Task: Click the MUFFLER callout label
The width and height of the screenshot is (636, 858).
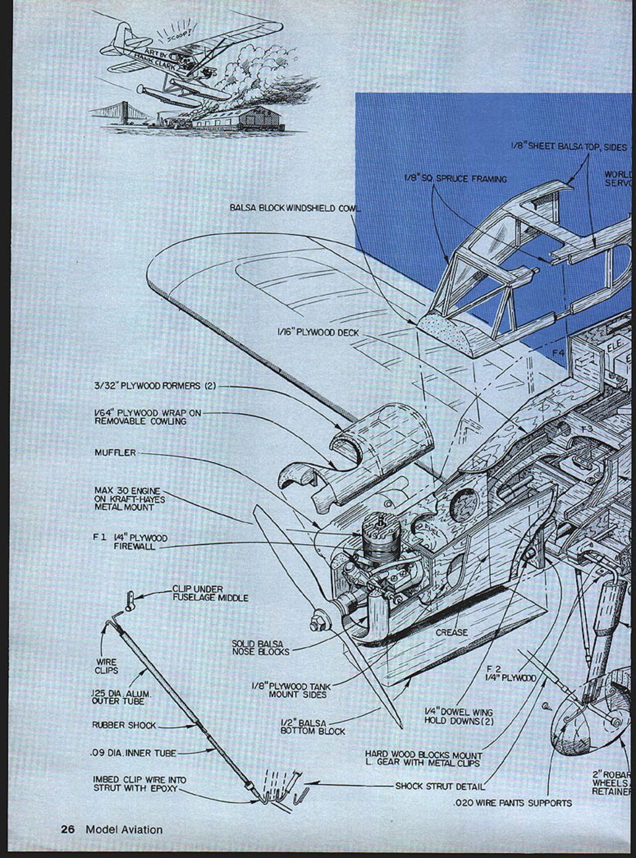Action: point(115,453)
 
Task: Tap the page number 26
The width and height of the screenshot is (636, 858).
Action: point(68,829)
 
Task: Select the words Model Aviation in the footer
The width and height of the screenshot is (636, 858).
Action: point(124,829)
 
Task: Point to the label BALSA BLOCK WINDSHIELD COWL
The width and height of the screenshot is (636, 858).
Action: point(294,208)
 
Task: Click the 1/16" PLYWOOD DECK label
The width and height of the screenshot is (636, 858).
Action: point(318,333)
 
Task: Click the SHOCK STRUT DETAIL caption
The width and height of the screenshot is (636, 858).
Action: point(440,786)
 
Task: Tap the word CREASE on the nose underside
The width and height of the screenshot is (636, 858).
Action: point(452,633)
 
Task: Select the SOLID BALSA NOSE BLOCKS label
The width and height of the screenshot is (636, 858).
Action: point(260,647)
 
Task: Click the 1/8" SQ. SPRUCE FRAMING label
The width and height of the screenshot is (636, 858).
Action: point(456,179)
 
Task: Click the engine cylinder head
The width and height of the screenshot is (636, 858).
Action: point(374,525)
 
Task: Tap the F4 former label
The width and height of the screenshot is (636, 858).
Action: point(558,353)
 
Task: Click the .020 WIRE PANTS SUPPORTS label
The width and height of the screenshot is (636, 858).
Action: point(512,803)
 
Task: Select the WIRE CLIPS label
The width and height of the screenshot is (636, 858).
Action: point(106,666)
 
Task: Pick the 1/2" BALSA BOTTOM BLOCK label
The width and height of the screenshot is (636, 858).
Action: point(313,727)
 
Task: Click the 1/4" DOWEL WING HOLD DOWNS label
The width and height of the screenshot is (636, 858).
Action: point(459,716)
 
